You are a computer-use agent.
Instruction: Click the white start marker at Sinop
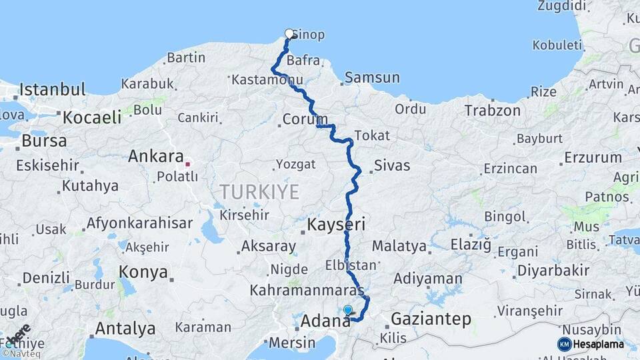pos(289,33)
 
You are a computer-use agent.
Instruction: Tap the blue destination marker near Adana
pos(347,310)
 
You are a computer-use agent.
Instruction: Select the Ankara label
pos(155,157)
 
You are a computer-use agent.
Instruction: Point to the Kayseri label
pos(336,225)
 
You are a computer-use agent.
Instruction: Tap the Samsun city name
pos(372,78)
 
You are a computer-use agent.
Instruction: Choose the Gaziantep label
pos(431,319)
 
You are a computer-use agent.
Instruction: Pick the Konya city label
pos(143,272)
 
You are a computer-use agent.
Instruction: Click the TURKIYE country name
pos(259,193)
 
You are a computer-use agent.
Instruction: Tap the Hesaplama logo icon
pos(565,344)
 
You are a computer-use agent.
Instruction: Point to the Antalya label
pos(125,329)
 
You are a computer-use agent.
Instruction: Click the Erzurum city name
pos(592,158)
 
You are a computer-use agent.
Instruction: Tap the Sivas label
pos(392,165)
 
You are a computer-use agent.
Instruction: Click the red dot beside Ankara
pos(189,163)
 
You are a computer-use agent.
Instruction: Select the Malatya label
pos(399,246)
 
